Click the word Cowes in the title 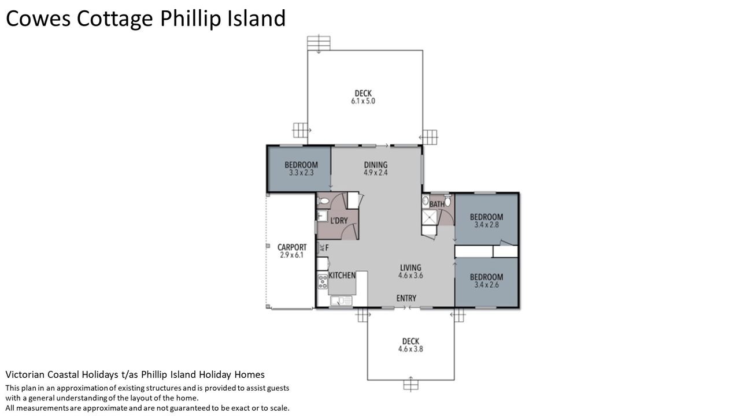point(38,18)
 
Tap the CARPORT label point(292,247)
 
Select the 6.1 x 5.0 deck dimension point(363,101)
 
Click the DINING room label point(376,165)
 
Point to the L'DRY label point(339,221)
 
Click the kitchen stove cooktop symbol point(323,281)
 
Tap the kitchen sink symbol point(341,300)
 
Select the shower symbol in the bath point(430,217)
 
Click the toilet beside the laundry point(323,200)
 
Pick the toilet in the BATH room point(447,200)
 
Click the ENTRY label point(406,298)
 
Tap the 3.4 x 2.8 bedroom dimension point(487,225)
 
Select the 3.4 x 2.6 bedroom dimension point(487,285)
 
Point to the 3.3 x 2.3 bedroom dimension point(301,172)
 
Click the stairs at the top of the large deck point(319,43)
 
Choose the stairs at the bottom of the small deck point(410,385)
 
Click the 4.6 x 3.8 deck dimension point(410,348)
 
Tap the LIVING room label point(410,268)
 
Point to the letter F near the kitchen point(327,247)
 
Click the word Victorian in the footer point(25,374)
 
